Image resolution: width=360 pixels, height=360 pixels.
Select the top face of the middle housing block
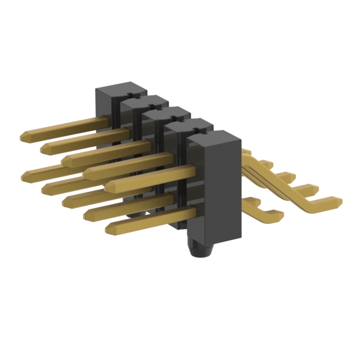click(166, 114)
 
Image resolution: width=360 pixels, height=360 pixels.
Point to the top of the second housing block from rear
click(144, 103)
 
